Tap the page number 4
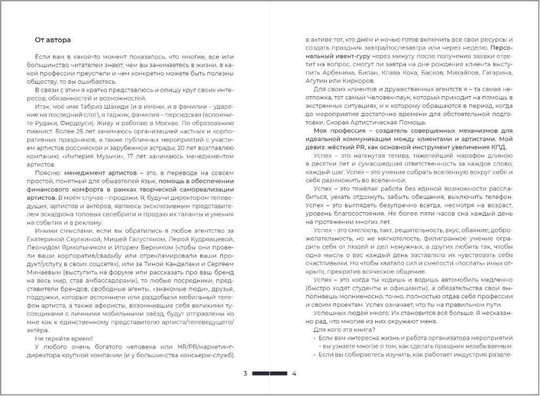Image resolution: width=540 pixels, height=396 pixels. click(x=294, y=373)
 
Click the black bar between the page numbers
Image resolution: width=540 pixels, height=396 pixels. click(x=269, y=373)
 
